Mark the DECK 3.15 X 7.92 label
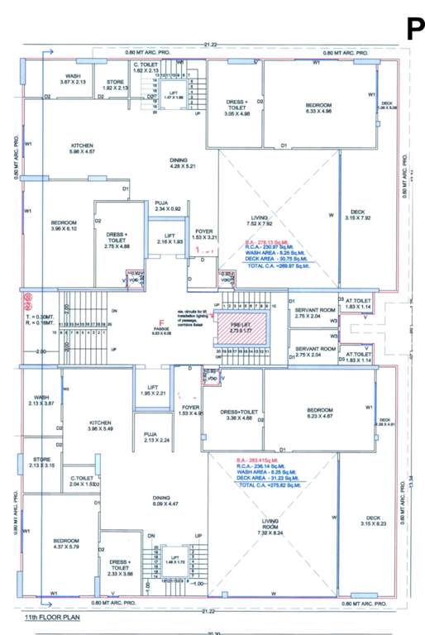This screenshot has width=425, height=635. pos(357,214)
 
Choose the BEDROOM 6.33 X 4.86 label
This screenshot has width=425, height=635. pos(318,108)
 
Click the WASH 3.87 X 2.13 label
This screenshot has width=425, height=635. pos(73,79)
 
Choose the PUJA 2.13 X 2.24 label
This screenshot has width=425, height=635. pos(150,437)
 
